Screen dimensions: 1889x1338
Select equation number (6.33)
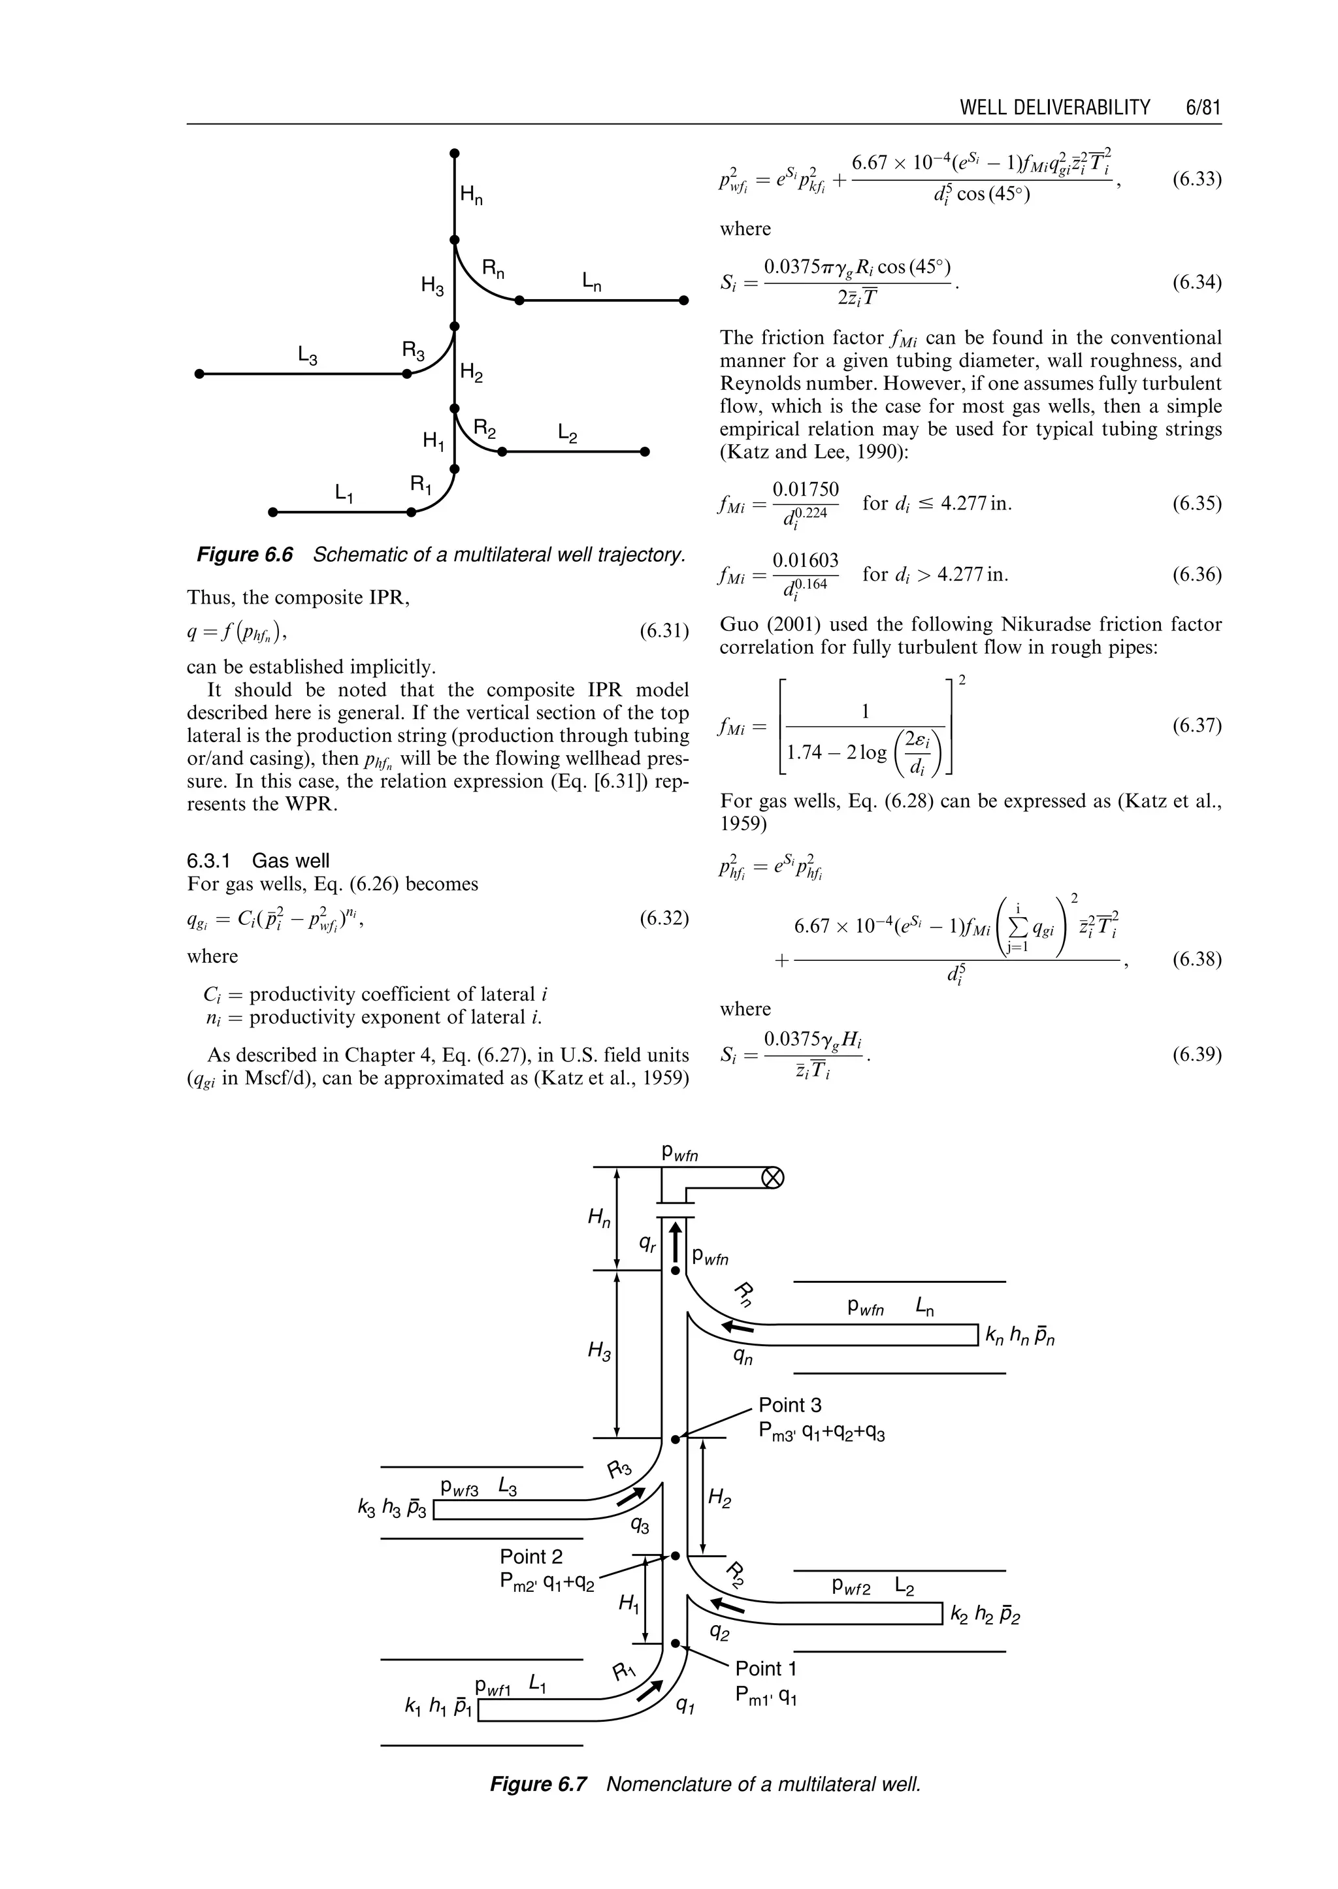pos(1196,180)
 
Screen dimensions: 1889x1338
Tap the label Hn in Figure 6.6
pos(471,196)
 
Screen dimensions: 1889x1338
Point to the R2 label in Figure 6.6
pos(485,429)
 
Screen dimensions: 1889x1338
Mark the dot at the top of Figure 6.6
pos(454,153)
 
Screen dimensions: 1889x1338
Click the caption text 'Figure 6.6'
pos(245,555)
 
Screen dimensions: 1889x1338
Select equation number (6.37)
pos(1196,726)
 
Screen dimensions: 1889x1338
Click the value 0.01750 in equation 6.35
pos(805,489)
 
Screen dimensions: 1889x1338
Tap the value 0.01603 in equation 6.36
pos(805,561)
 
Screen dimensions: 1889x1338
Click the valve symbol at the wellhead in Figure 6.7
pos(772,1178)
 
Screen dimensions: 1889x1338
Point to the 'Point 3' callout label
pos(789,1404)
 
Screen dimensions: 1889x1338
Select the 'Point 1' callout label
pos(766,1668)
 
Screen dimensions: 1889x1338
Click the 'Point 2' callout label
pos(530,1556)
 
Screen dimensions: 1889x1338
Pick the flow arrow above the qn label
pos(738,1327)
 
